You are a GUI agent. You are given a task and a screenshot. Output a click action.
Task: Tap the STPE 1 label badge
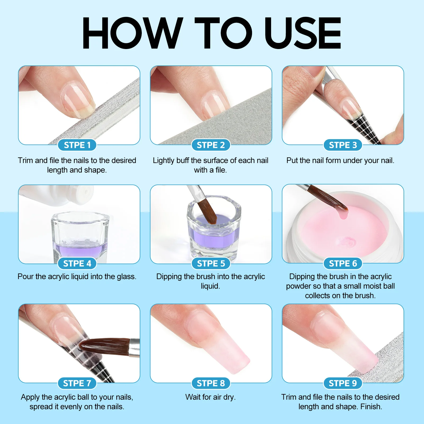pyautogui.click(x=77, y=145)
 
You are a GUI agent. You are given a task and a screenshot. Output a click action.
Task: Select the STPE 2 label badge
pyautogui.click(x=211, y=145)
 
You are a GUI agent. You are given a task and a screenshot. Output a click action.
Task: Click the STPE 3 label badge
pyautogui.click(x=343, y=145)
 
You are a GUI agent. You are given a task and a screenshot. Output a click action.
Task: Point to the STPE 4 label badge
pyautogui.click(x=77, y=263)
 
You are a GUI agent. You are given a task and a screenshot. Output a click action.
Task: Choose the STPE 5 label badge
pyautogui.click(x=211, y=263)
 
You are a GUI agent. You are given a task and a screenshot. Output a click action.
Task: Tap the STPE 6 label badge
pyautogui.click(x=343, y=263)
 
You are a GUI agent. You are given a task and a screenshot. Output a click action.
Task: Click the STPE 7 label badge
pyautogui.click(x=77, y=383)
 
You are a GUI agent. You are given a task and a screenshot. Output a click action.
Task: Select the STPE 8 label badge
pyautogui.click(x=211, y=383)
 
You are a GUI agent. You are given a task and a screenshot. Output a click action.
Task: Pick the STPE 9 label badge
pyautogui.click(x=343, y=383)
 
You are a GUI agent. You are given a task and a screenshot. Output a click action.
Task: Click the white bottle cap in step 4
pyautogui.click(x=86, y=191)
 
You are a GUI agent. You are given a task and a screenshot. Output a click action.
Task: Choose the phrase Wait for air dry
pyautogui.click(x=210, y=397)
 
